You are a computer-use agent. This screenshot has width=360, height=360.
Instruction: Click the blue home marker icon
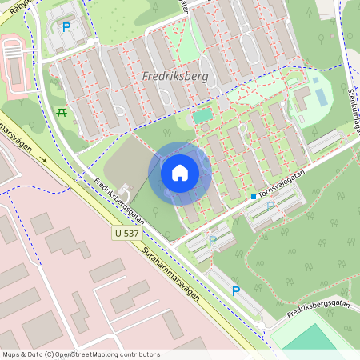click(180, 172)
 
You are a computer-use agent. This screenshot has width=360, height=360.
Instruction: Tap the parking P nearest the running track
click(66, 27)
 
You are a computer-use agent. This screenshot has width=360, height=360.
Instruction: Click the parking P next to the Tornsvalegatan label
click(270, 206)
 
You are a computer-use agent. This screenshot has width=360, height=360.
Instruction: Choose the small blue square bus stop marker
click(253, 196)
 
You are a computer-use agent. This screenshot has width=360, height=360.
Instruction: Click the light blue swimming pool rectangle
click(321, 97)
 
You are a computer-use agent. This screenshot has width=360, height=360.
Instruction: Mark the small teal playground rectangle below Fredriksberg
click(203, 116)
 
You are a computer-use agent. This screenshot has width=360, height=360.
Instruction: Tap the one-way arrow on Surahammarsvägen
click(45, 159)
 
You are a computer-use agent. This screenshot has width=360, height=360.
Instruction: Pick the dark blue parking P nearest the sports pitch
click(236, 291)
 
